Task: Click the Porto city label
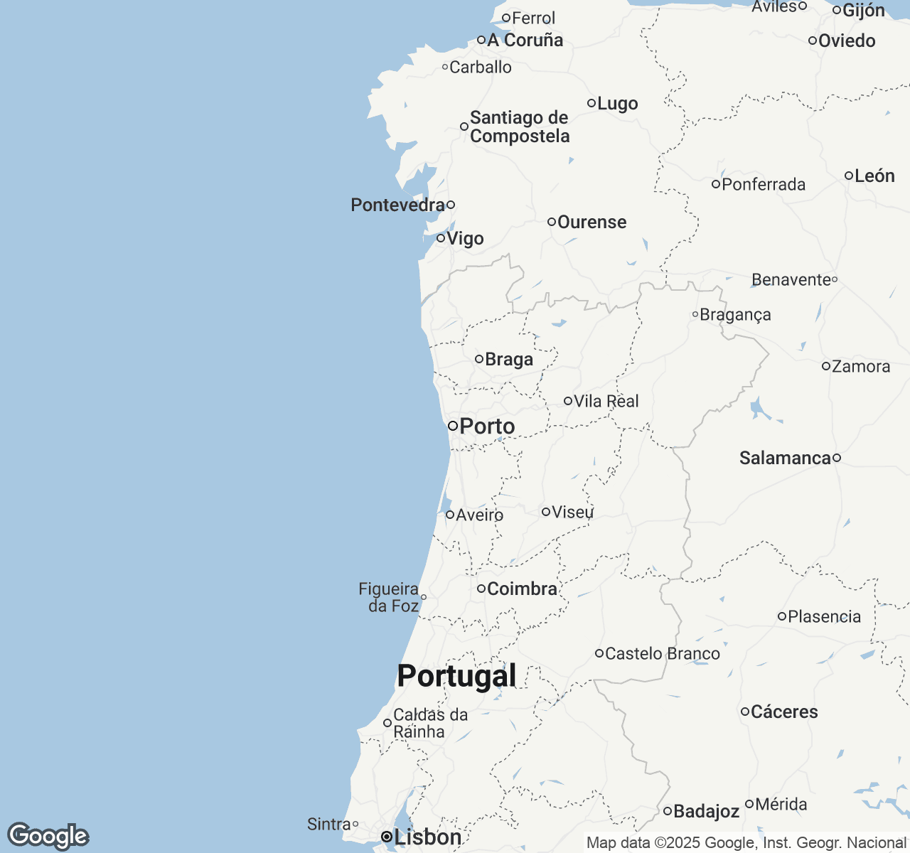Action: tap(487, 426)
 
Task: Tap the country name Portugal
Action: tap(456, 675)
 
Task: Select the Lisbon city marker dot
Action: tap(386, 837)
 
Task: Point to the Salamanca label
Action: tap(785, 458)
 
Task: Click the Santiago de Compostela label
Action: tap(520, 127)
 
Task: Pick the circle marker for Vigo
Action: tap(441, 238)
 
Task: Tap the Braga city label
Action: tap(509, 359)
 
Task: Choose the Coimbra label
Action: tap(522, 589)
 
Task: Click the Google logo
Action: tap(48, 836)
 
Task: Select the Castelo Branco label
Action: tap(662, 653)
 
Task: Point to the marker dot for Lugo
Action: tap(591, 103)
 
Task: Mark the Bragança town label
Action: tap(735, 314)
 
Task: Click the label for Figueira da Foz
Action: tap(389, 597)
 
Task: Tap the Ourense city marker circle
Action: tap(551, 222)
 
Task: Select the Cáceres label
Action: tap(784, 712)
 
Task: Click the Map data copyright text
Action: tap(746, 843)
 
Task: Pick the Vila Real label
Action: tap(606, 401)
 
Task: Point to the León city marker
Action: tap(849, 176)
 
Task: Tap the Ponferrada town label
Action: tap(764, 185)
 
